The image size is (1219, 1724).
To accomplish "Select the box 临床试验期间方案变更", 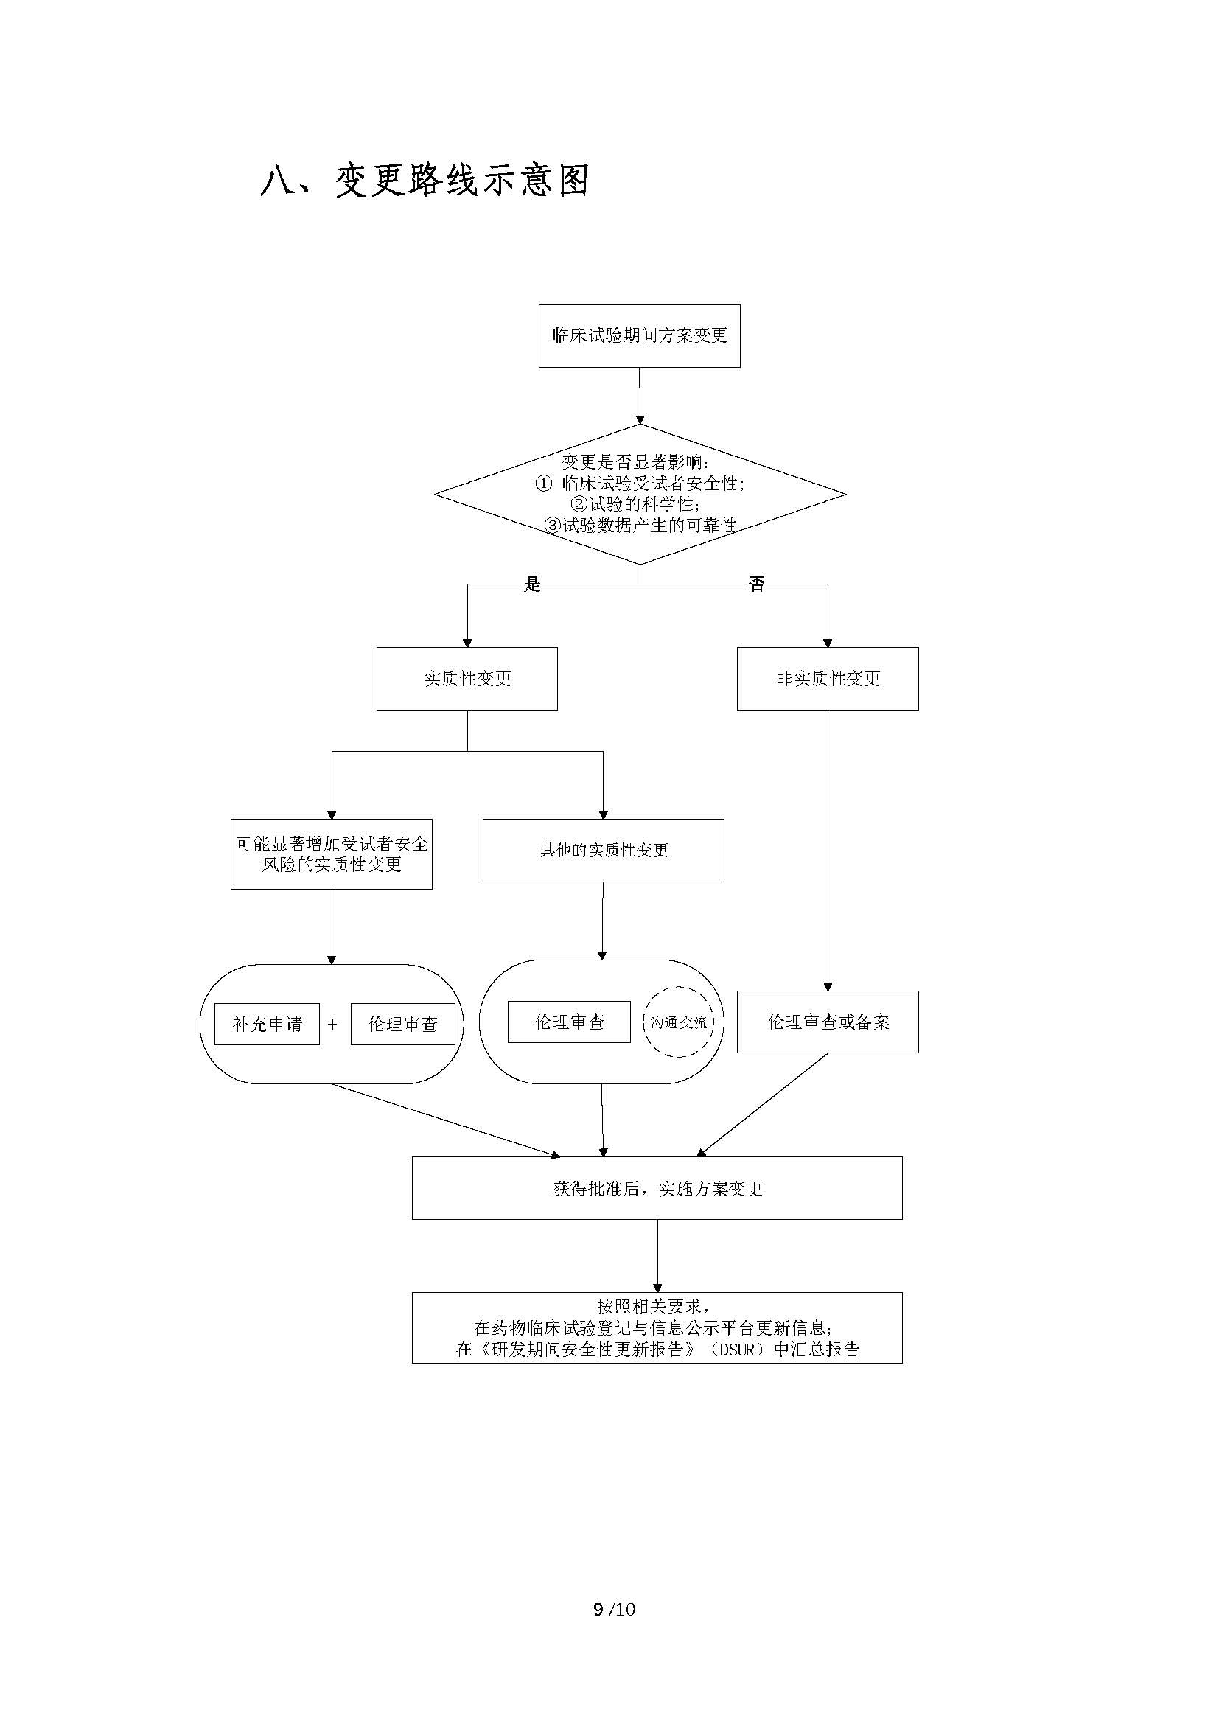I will click(640, 335).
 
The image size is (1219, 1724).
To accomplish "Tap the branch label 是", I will click(532, 584).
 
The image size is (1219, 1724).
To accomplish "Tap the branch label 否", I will click(756, 584).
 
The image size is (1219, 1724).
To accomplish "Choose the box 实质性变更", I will click(467, 679).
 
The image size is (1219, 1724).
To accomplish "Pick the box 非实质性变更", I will click(827, 679).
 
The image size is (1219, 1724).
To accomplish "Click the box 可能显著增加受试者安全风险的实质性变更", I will click(331, 854).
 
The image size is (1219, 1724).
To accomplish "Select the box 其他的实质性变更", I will click(603, 850).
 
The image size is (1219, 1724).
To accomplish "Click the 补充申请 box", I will click(268, 1025).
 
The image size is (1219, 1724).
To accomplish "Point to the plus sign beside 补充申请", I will click(332, 1025).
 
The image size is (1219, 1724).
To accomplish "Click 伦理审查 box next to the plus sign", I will click(402, 1025).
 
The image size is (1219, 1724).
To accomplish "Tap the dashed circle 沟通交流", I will click(679, 1022).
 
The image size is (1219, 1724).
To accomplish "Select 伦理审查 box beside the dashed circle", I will click(569, 1022).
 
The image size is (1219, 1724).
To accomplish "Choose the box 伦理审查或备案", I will click(827, 1022).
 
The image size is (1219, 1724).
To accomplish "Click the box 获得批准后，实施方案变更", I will click(657, 1189).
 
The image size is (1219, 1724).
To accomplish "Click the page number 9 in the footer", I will click(598, 1609).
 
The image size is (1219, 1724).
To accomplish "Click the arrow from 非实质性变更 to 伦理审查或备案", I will click(828, 848).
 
